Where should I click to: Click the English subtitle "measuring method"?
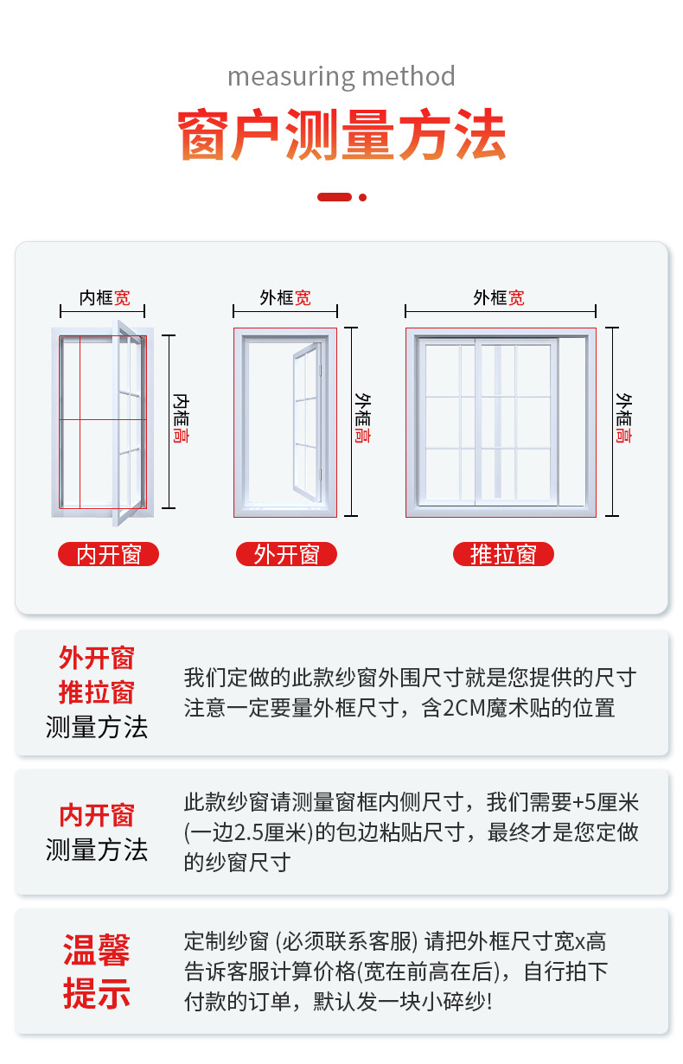tap(341, 77)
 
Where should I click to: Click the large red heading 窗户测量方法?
tap(341, 136)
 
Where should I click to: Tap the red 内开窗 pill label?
tap(109, 554)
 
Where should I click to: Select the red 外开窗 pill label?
tap(286, 554)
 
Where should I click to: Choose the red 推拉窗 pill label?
tap(503, 554)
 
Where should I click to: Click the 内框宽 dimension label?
tap(105, 298)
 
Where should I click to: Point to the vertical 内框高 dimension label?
tap(181, 418)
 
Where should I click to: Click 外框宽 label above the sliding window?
tap(498, 298)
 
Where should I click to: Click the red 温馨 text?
tap(96, 951)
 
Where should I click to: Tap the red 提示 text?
tap(96, 993)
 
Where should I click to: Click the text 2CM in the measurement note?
tap(468, 709)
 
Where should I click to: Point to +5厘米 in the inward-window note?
tap(606, 803)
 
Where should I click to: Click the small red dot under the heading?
tap(363, 197)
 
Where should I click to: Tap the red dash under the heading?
tap(334, 197)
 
